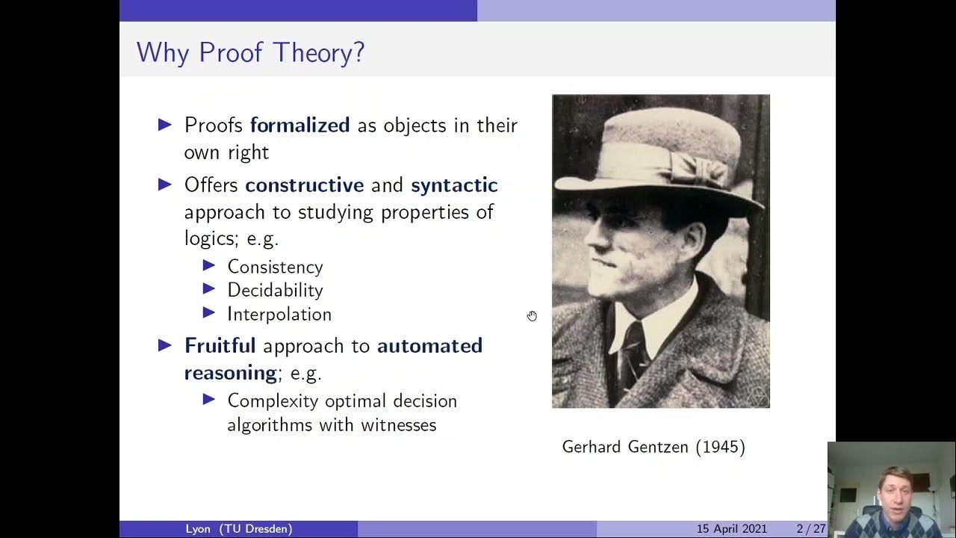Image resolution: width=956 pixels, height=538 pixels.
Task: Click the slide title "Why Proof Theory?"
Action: click(x=250, y=53)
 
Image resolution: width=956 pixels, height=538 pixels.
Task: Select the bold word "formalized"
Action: click(x=299, y=125)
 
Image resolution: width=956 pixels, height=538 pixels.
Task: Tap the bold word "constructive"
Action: click(x=304, y=185)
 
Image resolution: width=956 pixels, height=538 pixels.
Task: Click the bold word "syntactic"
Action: click(x=454, y=185)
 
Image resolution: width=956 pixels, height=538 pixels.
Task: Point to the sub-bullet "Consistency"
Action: click(x=275, y=267)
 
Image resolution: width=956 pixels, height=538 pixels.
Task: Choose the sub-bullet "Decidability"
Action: click(x=275, y=290)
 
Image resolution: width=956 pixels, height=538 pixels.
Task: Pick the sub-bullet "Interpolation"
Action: click(x=279, y=314)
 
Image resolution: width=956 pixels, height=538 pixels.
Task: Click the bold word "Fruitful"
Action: click(x=220, y=345)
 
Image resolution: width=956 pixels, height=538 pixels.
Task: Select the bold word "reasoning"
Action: click(x=231, y=372)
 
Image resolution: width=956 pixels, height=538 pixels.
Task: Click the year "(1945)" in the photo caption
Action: click(x=720, y=447)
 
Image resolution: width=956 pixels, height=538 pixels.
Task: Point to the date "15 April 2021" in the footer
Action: click(x=731, y=529)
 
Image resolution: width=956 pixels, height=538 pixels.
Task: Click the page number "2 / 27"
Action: click(x=810, y=529)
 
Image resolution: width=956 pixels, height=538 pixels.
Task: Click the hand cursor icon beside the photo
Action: click(x=532, y=316)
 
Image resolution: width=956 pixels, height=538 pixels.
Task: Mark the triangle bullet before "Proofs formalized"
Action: click(x=165, y=125)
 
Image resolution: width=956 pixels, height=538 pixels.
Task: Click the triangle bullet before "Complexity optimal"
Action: click(x=209, y=400)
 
